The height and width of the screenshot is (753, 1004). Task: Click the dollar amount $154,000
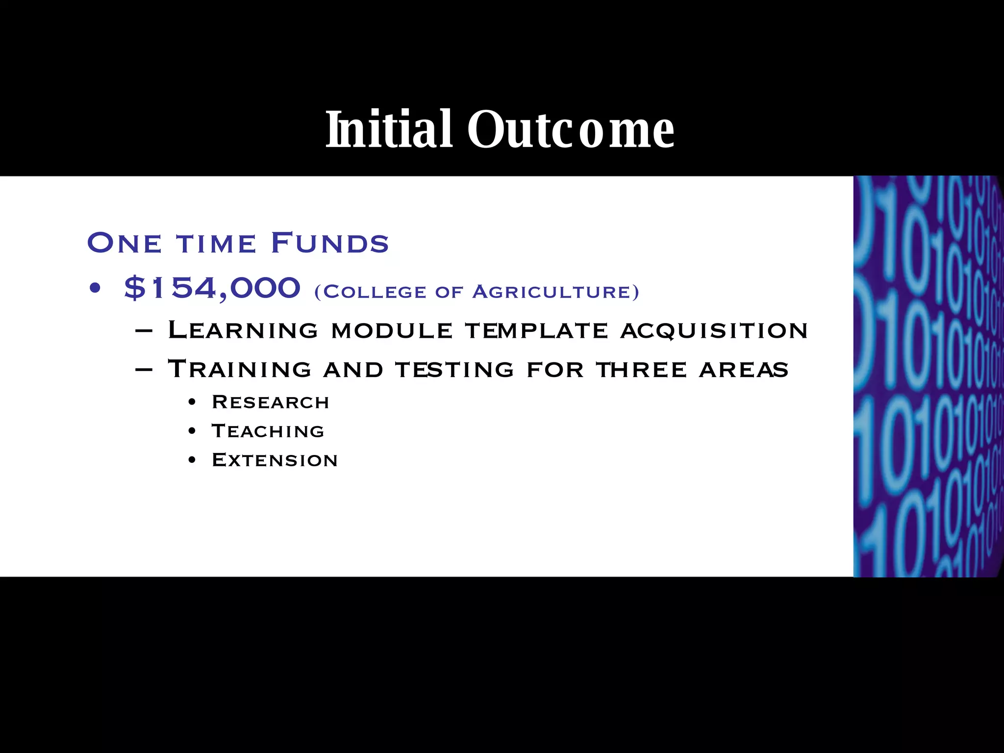pos(212,288)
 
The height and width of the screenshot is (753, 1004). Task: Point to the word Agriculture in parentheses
pos(556,292)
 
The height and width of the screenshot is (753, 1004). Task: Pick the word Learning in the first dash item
pos(243,330)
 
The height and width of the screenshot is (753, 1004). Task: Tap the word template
pos(536,330)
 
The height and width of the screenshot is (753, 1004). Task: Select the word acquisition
pos(714,330)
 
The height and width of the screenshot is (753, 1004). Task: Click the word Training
pos(239,369)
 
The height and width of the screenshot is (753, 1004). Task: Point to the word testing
pos(454,369)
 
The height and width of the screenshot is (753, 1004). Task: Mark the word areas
pos(743,369)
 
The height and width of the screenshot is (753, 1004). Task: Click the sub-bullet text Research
pos(270,402)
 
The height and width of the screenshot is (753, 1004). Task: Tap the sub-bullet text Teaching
pos(268,431)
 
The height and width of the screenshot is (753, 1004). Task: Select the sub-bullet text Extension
pos(275,460)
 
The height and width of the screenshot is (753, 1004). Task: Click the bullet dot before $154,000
pos(95,289)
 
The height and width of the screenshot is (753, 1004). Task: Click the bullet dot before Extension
pos(192,460)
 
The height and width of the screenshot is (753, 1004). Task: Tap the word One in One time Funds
pos(124,243)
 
